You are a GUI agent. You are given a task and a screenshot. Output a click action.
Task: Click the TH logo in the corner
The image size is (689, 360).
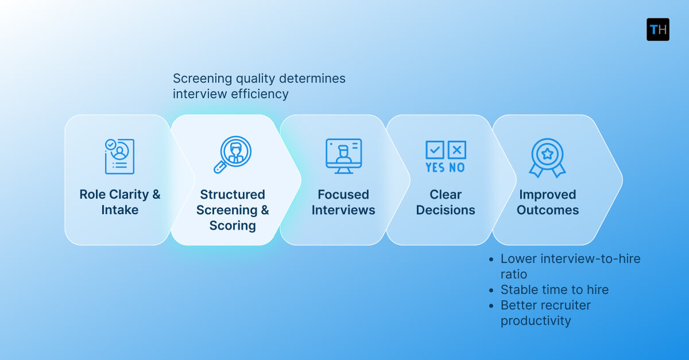(x=657, y=29)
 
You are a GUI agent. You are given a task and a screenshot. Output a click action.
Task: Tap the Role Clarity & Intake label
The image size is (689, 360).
(x=119, y=202)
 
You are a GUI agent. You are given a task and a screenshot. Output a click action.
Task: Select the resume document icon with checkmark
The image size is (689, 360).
(x=119, y=156)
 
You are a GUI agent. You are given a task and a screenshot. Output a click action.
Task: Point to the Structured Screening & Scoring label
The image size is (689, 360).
(x=233, y=210)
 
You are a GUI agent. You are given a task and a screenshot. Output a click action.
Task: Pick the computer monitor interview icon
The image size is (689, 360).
(x=343, y=156)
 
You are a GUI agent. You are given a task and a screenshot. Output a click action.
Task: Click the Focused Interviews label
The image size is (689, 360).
(x=343, y=202)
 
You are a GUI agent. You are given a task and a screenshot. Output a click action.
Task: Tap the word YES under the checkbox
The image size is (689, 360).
(x=435, y=168)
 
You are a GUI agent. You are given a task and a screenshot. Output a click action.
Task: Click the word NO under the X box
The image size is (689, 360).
(x=457, y=168)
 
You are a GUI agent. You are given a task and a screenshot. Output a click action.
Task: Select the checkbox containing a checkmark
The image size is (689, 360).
(x=435, y=150)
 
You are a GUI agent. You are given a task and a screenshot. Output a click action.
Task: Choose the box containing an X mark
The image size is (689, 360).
(x=457, y=150)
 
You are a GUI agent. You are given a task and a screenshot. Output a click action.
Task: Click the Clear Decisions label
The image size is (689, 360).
(x=446, y=202)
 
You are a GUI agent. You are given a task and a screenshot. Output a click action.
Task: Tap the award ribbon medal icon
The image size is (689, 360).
(x=547, y=157)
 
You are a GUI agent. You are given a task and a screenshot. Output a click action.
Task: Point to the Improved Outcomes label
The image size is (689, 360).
(x=547, y=202)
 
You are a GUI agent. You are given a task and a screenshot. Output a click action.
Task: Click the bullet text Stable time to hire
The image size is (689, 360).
(x=554, y=290)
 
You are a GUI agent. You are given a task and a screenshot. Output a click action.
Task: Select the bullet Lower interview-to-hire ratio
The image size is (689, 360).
(x=570, y=266)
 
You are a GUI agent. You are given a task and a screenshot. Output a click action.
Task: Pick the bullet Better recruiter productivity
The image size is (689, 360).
(x=545, y=313)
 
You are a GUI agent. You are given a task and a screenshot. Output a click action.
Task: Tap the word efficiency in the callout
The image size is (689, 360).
(x=260, y=94)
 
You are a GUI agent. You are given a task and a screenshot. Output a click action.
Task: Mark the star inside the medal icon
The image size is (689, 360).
(x=547, y=153)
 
